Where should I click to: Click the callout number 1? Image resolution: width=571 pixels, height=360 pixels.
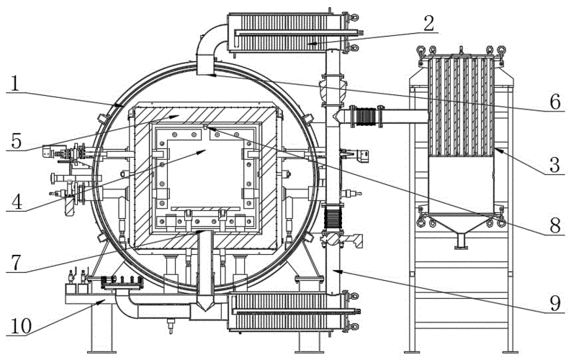(x=14, y=84)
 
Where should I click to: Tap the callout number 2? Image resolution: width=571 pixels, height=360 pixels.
(x=428, y=24)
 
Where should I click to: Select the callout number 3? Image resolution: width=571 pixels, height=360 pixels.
(x=554, y=165)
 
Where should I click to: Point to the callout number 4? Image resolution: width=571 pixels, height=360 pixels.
(x=17, y=202)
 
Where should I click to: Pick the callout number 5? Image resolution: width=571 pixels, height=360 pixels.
(x=17, y=141)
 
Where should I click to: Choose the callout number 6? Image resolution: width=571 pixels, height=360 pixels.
(x=555, y=102)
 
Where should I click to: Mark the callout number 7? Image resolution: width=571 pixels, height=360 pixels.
(x=17, y=262)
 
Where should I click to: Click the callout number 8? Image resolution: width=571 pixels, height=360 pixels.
(x=555, y=225)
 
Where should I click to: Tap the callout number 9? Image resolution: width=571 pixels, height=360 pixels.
(x=555, y=303)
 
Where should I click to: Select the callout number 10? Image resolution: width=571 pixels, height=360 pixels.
(x=22, y=326)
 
